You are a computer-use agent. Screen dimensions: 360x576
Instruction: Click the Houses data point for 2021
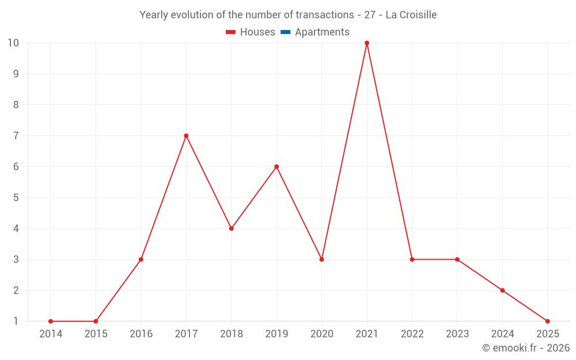point(367,43)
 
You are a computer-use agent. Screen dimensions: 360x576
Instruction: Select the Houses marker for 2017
point(186,136)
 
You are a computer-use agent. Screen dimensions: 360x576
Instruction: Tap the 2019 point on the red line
point(276,167)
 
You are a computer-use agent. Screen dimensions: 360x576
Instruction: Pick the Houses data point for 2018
point(232,229)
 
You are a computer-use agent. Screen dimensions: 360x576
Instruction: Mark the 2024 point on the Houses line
point(502,290)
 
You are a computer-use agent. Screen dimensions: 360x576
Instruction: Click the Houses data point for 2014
point(51,321)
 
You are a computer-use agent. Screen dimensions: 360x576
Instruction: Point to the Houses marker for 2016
point(141,259)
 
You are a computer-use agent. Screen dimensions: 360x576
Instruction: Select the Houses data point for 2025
point(547,321)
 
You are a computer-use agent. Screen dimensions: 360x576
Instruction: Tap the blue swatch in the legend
point(285,32)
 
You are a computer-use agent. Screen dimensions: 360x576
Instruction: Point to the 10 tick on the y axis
point(13,43)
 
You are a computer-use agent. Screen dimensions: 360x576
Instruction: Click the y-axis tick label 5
point(16,198)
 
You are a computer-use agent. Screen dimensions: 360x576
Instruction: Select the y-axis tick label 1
point(16,321)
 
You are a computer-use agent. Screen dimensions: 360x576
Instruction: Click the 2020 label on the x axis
point(321,334)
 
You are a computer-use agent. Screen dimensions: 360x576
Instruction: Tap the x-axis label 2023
point(457,334)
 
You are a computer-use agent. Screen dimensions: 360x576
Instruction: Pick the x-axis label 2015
point(96,334)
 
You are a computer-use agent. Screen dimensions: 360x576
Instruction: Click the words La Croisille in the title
point(411,15)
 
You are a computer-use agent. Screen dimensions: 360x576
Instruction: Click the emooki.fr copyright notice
point(526,348)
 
